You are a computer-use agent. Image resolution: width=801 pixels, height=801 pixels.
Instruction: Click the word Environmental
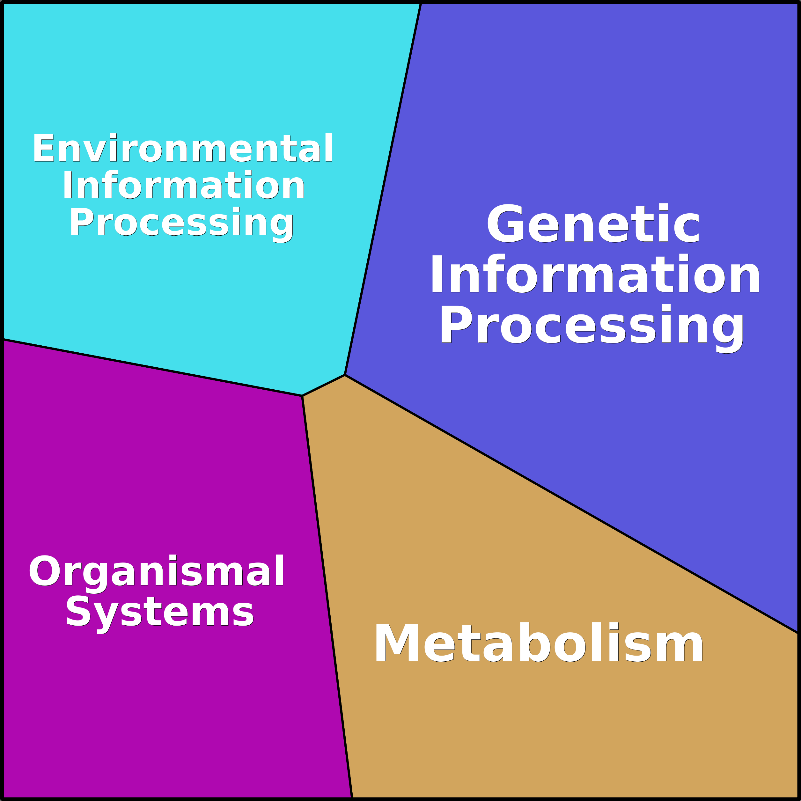[183, 148]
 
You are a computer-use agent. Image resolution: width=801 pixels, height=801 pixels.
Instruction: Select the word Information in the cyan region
[184, 185]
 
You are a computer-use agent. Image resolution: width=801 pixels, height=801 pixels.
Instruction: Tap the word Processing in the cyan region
[181, 224]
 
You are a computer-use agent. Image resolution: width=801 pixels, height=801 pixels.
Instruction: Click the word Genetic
[593, 224]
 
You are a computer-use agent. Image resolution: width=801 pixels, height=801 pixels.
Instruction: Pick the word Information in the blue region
[595, 275]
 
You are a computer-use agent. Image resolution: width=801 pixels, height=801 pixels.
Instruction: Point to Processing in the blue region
[592, 328]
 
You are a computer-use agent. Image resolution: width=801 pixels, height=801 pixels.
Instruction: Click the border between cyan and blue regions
[383, 189]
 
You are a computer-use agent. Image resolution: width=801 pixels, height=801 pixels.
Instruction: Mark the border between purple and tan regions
[327, 598]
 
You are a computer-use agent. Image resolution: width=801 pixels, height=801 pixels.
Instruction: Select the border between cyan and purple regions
[152, 367]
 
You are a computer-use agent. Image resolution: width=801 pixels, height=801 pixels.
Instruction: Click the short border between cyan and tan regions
[323, 386]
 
